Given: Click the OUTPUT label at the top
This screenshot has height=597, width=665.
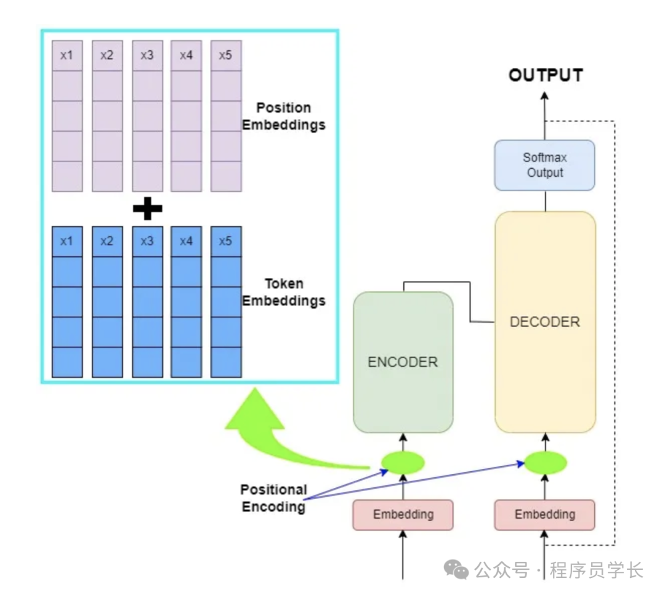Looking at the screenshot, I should coord(546,75).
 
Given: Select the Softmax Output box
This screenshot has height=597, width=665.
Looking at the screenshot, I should coord(545,165).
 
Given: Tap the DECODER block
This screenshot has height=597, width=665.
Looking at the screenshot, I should coord(545,322).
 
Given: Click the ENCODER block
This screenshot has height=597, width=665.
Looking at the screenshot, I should coord(403,362).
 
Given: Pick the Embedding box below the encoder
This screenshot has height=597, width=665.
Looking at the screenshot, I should coord(403,514).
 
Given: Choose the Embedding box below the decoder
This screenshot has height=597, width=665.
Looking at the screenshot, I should coord(545,514).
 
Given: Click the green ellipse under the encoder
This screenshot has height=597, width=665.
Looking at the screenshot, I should coord(403,463).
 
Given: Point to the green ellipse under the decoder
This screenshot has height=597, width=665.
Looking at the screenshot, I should coord(545,463).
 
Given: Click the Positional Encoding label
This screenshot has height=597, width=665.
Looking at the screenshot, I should coord(273,498).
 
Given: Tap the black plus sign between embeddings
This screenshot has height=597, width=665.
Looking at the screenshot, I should coord(148,209).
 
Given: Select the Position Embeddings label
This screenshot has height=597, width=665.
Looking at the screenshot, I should coord(284,116).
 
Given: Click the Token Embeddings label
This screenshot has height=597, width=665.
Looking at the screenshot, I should coord(284,292).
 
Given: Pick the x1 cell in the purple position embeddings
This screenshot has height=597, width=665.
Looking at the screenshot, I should coord(67,55).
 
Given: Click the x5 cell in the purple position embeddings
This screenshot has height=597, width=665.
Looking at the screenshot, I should coord(226,55).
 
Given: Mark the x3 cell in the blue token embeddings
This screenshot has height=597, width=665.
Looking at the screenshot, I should coord(147,241).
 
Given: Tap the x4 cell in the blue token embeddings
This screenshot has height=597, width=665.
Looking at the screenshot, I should coord(186,241).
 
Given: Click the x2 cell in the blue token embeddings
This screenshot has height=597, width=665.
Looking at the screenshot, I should coord(107,241).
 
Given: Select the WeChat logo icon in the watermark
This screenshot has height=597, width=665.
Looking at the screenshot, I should coord(457,570).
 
